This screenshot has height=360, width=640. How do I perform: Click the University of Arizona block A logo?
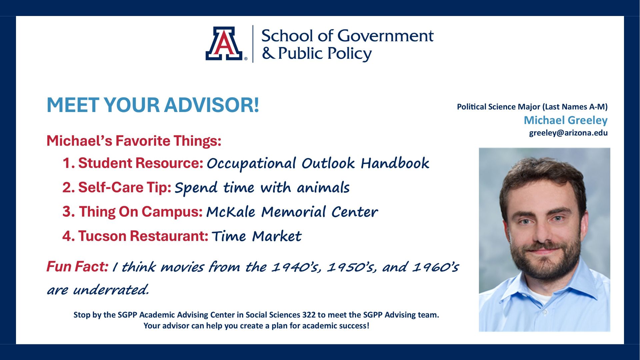[224, 43]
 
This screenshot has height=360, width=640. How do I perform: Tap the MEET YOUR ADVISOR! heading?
[153, 105]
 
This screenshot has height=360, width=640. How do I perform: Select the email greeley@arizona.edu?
[568, 133]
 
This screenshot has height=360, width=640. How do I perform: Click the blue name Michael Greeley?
[566, 120]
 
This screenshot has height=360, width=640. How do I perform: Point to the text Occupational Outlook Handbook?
[318, 163]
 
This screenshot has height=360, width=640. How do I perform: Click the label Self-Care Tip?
[125, 187]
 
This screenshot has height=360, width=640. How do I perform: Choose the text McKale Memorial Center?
[292, 212]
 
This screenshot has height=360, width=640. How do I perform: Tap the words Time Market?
[257, 236]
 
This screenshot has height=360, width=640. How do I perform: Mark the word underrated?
[111, 290]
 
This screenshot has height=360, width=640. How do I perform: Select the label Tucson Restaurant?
[143, 236]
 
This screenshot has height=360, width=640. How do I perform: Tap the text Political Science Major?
[499, 107]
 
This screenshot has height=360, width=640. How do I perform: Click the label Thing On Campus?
[141, 212]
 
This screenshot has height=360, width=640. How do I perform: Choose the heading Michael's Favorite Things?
[134, 141]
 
